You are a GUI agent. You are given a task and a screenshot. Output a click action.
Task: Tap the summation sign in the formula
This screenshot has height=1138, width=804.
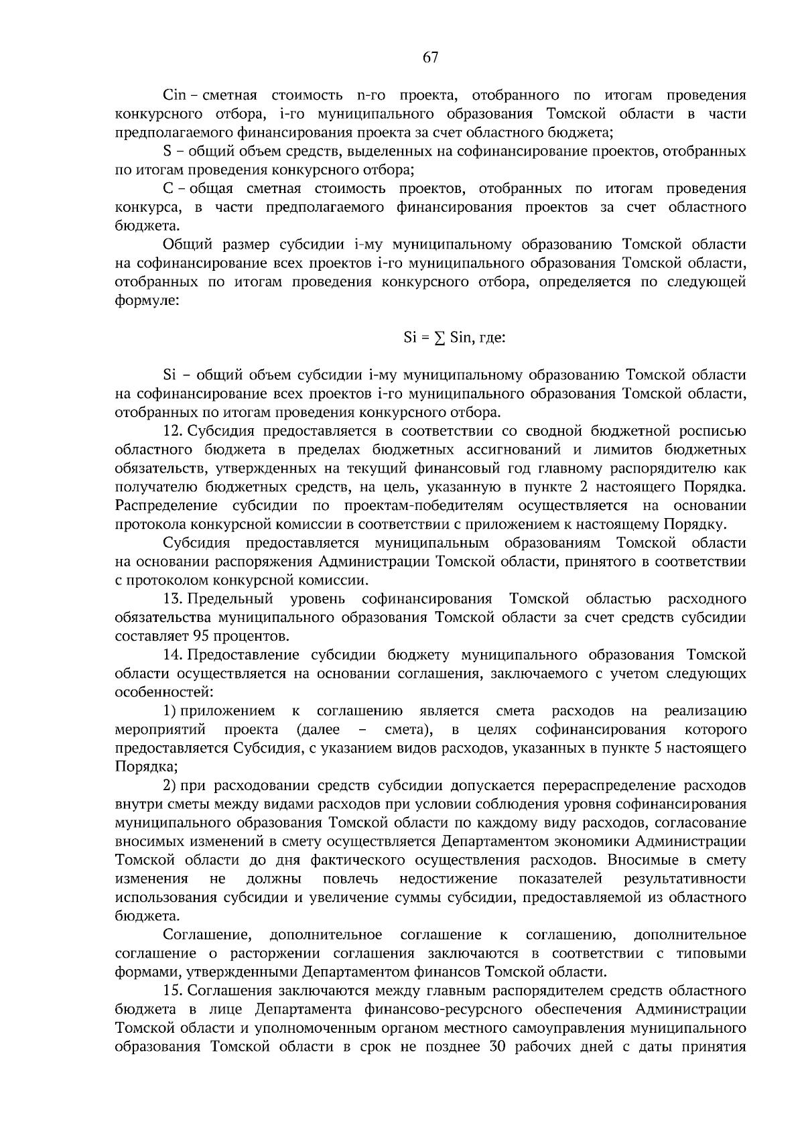point(440,338)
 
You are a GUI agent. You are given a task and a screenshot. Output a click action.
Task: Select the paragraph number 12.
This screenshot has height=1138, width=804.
point(174,430)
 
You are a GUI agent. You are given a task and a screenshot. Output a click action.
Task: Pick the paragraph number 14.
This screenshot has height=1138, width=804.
point(174,654)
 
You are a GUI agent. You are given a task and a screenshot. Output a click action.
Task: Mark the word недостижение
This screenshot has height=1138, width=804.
point(448,879)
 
